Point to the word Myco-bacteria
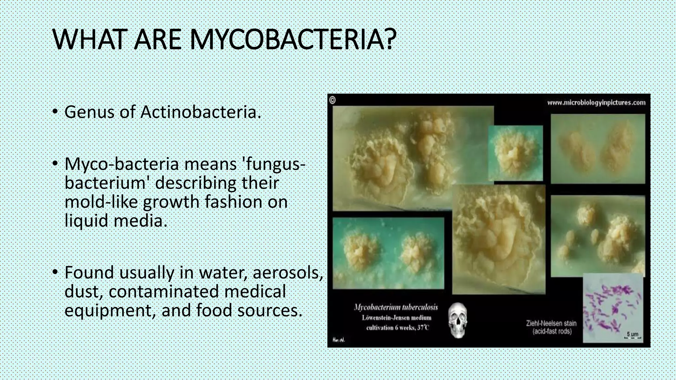coord(121,164)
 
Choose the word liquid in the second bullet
coord(86,221)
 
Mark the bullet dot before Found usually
coord(55,273)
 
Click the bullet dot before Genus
coord(55,112)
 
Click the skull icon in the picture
coord(458,320)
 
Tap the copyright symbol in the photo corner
coord(332,100)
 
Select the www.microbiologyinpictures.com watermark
coord(596,103)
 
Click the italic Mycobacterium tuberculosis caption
coord(396,307)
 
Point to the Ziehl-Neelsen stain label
coord(551,323)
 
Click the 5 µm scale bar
coord(632,335)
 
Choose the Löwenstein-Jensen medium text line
coord(396,318)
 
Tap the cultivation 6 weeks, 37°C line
coord(397,328)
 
